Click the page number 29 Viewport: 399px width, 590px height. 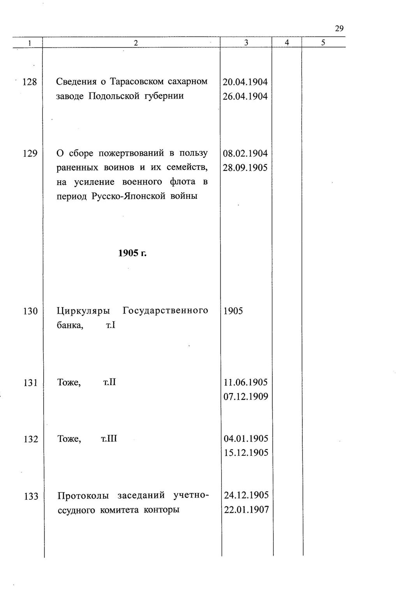point(339,28)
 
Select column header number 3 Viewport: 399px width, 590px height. point(246,43)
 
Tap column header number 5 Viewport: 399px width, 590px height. point(323,43)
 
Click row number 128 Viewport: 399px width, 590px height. point(30,82)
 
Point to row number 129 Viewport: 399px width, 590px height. point(30,154)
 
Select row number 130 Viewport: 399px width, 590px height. point(30,311)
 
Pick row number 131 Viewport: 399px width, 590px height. point(30,383)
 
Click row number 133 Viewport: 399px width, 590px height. point(31,497)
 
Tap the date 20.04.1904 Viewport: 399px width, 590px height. point(245,82)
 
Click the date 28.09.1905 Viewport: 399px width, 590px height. point(245,168)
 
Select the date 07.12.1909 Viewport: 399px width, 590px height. point(246,397)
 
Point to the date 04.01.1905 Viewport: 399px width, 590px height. point(246,439)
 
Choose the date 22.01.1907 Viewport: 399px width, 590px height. point(246,509)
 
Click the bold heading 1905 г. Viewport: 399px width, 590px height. point(132,253)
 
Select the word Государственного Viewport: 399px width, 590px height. point(165,311)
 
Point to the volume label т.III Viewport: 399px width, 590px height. point(109,439)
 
